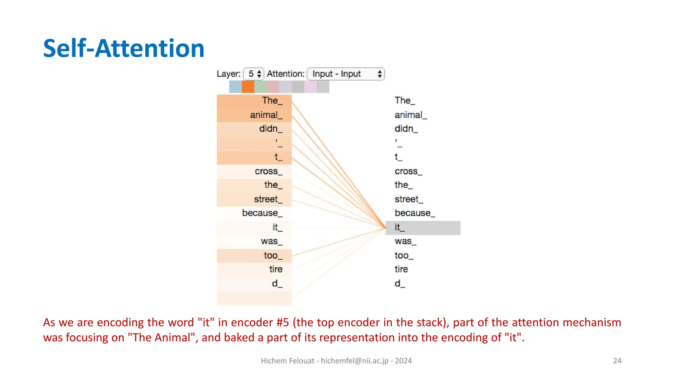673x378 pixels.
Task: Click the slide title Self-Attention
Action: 124,48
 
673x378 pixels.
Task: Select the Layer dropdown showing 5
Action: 254,74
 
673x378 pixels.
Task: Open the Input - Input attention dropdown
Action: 345,74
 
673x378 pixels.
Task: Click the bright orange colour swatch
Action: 248,87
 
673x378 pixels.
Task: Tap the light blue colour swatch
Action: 235,87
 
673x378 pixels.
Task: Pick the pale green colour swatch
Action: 260,87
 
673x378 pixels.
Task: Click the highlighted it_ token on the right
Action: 423,227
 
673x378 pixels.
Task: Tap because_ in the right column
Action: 414,213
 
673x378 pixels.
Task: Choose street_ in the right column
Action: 408,199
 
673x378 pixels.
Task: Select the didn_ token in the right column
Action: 406,129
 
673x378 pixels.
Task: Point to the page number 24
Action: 617,361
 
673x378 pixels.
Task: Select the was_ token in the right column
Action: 405,241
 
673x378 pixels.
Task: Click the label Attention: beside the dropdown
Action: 286,74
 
